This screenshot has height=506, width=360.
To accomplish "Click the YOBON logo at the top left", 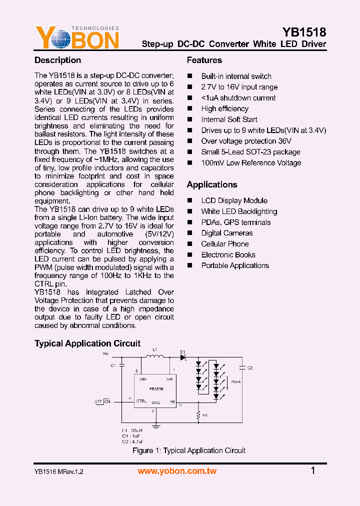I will point(77,38).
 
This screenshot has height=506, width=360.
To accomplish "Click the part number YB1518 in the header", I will point(304,32).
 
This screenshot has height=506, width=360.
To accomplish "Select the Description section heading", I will point(57,60).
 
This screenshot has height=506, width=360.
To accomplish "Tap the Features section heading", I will point(204,60).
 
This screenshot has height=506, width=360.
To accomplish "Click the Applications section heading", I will point(212,184).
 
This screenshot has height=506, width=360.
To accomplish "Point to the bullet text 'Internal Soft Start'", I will point(229,119).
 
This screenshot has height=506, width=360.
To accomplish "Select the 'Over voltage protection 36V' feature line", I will point(246,141).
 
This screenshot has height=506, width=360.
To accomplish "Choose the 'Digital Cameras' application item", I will point(226,233).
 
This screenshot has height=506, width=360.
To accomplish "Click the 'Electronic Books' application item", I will point(228,255).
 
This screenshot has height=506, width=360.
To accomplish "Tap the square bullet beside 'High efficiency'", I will point(190,108).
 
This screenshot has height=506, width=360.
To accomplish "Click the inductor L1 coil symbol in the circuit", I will point(154,356).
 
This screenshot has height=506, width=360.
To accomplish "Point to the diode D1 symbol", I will point(183,357).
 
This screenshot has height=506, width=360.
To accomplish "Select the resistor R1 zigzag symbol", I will point(198,415).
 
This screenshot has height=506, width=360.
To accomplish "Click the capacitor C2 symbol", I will point(242,367).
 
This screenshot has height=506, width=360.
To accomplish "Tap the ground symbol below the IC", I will point(156,425).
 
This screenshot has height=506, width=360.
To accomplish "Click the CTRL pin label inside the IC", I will point(141,401).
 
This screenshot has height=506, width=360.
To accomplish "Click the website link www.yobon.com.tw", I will point(177,471).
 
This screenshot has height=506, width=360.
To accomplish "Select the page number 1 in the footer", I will point(313,470).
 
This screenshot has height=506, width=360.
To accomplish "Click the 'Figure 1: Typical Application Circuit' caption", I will point(189,450).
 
